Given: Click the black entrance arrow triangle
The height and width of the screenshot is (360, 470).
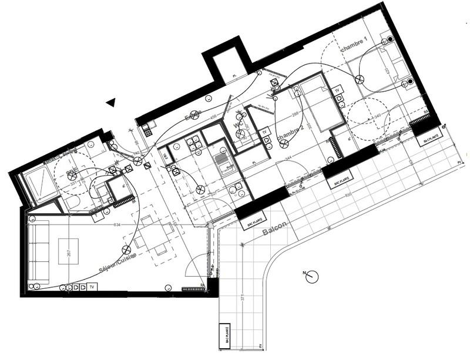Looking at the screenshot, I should point(110,103).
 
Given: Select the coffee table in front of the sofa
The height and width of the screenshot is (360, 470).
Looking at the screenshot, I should point(69,253).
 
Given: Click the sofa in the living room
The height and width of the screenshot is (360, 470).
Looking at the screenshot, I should point(39,253).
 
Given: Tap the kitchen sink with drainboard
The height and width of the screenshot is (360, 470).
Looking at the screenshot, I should point(221,160).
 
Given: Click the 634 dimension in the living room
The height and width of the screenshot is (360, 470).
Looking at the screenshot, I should point(118,225).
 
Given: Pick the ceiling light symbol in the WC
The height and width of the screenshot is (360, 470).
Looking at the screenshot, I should point(240,134).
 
